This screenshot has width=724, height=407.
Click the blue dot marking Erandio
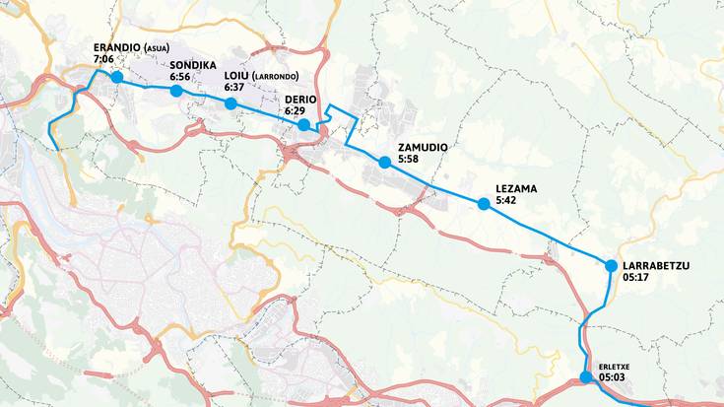(116, 77)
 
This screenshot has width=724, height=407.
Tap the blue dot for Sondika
(176, 92)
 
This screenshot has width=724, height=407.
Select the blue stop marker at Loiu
(230, 103)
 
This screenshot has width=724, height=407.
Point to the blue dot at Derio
(304, 124)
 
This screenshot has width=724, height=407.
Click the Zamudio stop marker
(384, 163)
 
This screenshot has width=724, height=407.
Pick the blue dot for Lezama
(484, 204)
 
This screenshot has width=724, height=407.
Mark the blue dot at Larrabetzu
(611, 266)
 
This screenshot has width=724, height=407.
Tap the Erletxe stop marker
(586, 376)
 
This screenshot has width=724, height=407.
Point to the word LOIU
(235, 76)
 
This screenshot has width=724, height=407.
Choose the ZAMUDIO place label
(423, 148)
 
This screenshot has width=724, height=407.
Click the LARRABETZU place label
(656, 265)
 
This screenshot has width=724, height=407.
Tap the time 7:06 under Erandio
(102, 60)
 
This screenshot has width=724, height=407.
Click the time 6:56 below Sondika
(179, 77)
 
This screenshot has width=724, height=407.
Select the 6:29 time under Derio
(295, 112)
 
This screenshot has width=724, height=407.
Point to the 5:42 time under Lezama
(506, 200)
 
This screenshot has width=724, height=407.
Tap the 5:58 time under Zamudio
(408, 160)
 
